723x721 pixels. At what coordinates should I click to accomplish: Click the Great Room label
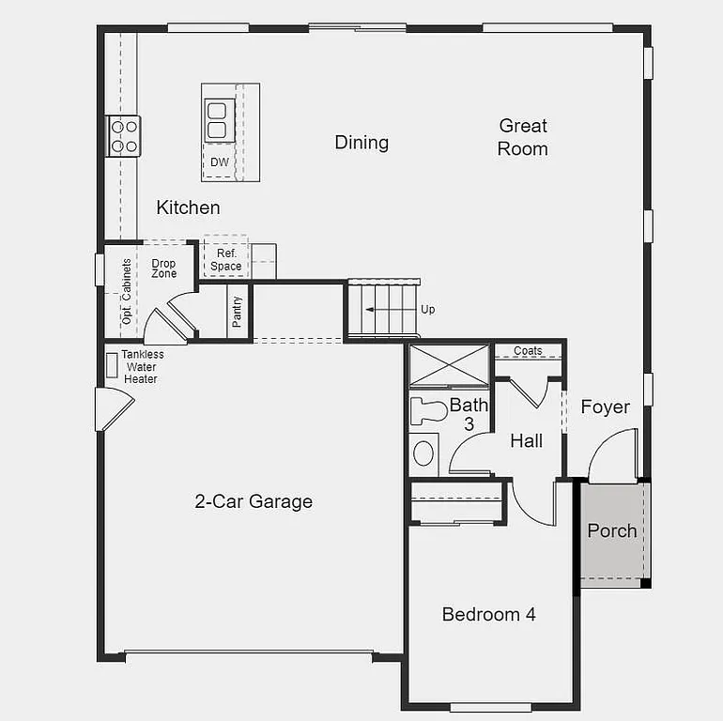point(523,137)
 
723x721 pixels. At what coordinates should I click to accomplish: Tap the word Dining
point(361,143)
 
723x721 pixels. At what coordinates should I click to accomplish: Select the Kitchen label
point(188,207)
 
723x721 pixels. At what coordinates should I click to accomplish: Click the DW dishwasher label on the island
point(219,162)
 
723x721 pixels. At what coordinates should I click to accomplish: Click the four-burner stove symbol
point(124,134)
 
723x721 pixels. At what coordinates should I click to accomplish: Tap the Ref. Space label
point(226,260)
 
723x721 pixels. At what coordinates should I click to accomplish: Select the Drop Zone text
point(163,268)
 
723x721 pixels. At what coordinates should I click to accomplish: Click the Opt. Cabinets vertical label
point(127,292)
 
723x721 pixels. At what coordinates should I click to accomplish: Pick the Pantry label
point(238,310)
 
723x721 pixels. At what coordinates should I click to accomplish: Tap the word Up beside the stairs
point(428,310)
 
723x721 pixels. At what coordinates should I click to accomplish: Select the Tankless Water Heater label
point(142,367)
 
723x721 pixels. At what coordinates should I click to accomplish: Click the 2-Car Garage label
point(254,501)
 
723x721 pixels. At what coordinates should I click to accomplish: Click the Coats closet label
point(529,351)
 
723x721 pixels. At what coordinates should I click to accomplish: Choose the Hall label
point(526,440)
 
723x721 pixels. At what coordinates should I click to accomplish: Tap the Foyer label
point(605,407)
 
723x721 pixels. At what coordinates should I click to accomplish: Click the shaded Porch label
point(612,530)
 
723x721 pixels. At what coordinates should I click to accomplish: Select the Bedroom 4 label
point(488,615)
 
